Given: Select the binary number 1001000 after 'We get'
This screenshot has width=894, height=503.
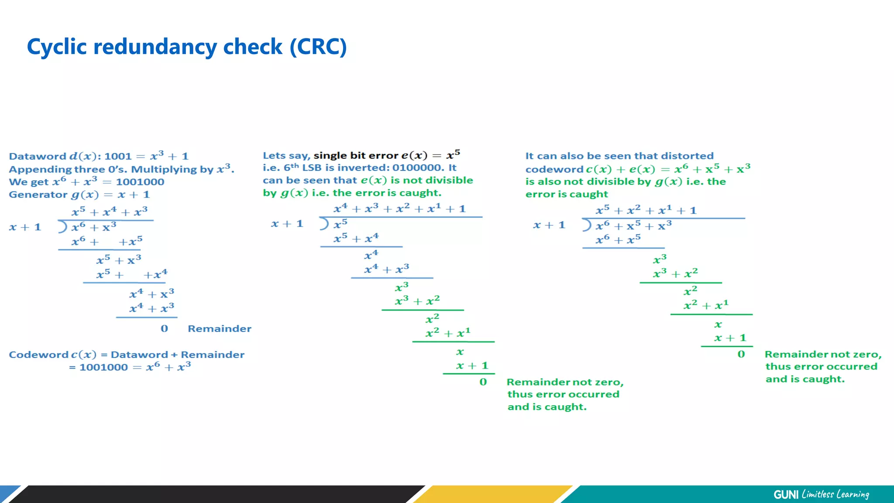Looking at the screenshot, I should [x=140, y=182].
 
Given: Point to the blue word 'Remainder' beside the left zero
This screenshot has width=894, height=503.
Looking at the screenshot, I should [x=220, y=329].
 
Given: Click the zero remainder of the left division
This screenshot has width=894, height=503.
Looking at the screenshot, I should [x=164, y=329].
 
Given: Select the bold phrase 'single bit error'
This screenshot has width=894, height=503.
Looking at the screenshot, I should [x=356, y=155].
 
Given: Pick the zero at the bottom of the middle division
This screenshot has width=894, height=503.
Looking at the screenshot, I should [x=483, y=382].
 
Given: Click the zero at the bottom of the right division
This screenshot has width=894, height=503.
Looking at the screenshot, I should [x=741, y=355].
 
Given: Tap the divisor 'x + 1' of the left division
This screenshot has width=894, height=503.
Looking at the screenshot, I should [x=25, y=227].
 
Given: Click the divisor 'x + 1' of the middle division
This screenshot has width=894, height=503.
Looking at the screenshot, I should [x=287, y=224].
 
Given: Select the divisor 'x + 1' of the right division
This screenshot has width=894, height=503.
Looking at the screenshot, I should [x=549, y=225].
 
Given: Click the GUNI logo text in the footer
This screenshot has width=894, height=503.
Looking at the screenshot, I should [x=786, y=494].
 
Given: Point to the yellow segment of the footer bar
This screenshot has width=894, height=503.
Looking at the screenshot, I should [x=493, y=494].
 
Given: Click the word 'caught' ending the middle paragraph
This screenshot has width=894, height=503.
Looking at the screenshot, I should [x=424, y=193].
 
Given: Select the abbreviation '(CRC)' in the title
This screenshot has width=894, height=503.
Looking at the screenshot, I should [x=318, y=47].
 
